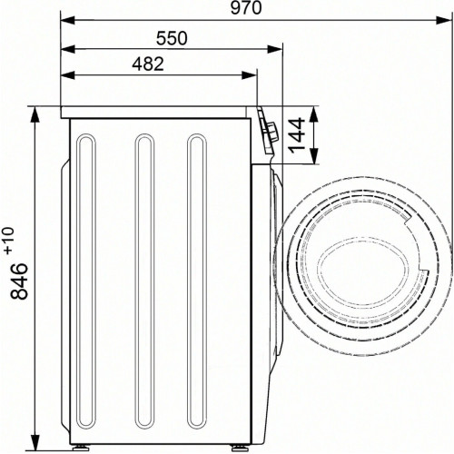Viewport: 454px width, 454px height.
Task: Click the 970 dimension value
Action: coord(246,8)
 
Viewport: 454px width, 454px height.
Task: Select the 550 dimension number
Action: coord(172,38)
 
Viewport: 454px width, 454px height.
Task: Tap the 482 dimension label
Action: coord(148,64)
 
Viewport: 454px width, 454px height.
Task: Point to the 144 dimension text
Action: coord(296,135)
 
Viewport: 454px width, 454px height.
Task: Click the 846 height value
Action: coord(19,281)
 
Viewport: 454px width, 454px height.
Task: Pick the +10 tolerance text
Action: coord(9,240)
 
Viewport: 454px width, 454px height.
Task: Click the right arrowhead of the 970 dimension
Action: coord(445,21)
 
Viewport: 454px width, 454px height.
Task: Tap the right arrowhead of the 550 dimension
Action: coord(275,49)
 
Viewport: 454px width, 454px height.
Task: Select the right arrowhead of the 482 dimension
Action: coord(250,75)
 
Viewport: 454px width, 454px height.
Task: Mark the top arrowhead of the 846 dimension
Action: coord(35,114)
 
